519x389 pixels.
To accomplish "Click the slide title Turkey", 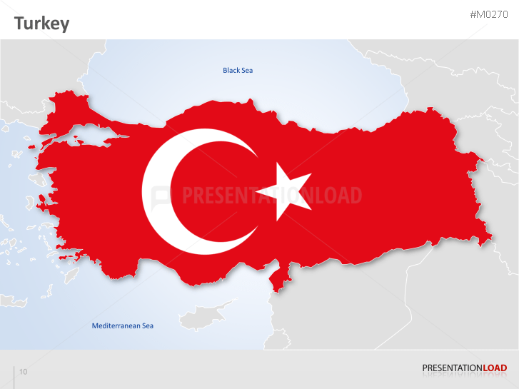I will tap(42, 24).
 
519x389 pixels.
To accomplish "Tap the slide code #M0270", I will tap(488, 15).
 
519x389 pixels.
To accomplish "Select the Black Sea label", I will tap(238, 70).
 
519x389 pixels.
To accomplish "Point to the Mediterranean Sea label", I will tap(123, 326).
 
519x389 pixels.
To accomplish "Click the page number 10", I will tap(24, 372).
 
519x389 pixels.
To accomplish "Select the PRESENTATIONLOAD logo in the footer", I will tap(464, 368).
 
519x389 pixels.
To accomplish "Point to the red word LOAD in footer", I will tap(495, 368).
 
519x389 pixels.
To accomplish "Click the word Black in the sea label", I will tap(231, 70).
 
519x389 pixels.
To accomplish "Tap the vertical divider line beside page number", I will tap(14, 375).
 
